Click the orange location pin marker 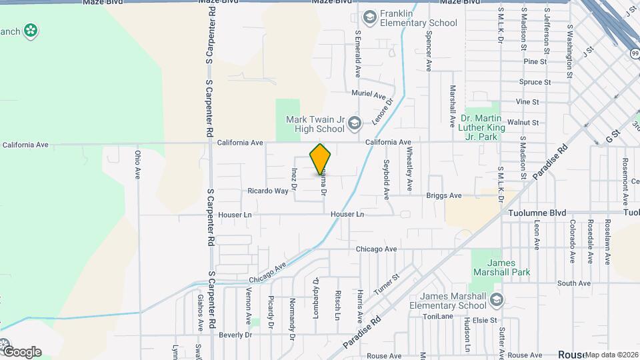(x=321, y=159)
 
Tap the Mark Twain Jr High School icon (x=355, y=123)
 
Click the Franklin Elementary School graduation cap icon (x=369, y=16)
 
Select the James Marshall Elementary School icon (x=495, y=301)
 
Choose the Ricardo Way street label (x=268, y=191)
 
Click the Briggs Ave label (x=445, y=196)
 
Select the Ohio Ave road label (x=138, y=163)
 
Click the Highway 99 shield (x=633, y=53)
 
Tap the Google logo (x=21, y=351)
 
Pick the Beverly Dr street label (x=235, y=334)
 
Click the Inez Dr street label (x=293, y=178)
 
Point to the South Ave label (x=574, y=283)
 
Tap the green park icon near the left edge (x=30, y=30)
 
